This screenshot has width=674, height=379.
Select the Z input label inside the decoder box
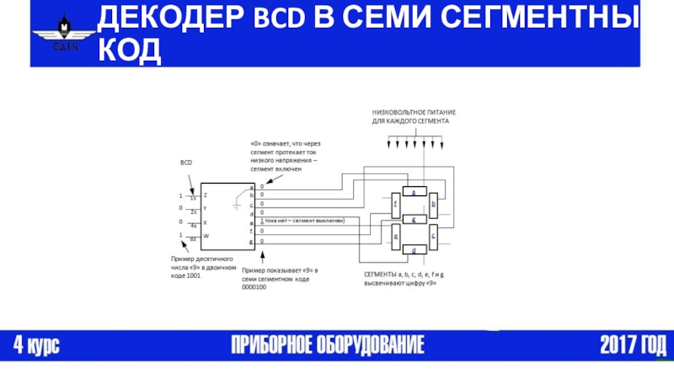coord(206,195)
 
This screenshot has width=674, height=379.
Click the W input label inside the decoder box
coord(206,236)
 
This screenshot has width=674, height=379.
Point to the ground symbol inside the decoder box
coord(239,203)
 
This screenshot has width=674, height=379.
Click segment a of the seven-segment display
coord(413,192)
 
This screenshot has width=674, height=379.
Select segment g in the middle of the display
coord(413,220)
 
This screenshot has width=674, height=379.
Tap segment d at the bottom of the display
coord(413,250)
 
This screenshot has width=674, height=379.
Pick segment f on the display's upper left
coord(395,205)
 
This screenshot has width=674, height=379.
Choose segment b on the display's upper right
coord(433,205)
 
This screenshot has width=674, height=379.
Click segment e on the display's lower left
coord(395,236)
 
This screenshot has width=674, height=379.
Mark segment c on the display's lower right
coord(433,236)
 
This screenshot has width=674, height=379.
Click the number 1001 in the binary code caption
coord(192,276)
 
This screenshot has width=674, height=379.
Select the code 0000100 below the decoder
coord(254,286)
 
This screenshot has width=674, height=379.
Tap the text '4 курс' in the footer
coord(36,344)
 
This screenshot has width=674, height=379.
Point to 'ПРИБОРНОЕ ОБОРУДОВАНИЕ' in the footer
coord(329,344)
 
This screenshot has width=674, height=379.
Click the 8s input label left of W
coord(193,239)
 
